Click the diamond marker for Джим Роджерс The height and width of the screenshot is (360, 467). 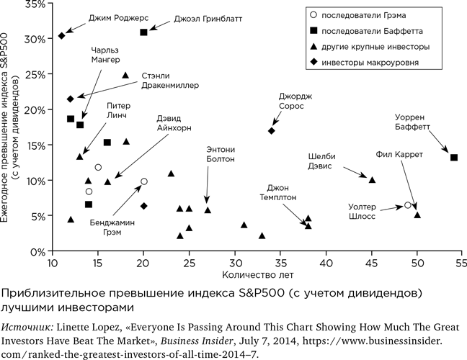click(x=62, y=35)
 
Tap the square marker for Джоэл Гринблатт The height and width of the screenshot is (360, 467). click(x=144, y=32)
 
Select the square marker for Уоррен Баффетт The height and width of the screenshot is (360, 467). click(x=453, y=157)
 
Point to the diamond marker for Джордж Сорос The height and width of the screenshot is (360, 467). click(x=272, y=130)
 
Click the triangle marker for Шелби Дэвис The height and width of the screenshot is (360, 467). click(x=373, y=179)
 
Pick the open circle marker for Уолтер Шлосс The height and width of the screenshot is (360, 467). click(x=408, y=205)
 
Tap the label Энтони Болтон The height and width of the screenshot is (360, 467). click(x=221, y=156)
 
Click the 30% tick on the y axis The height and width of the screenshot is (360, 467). click(x=35, y=38)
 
